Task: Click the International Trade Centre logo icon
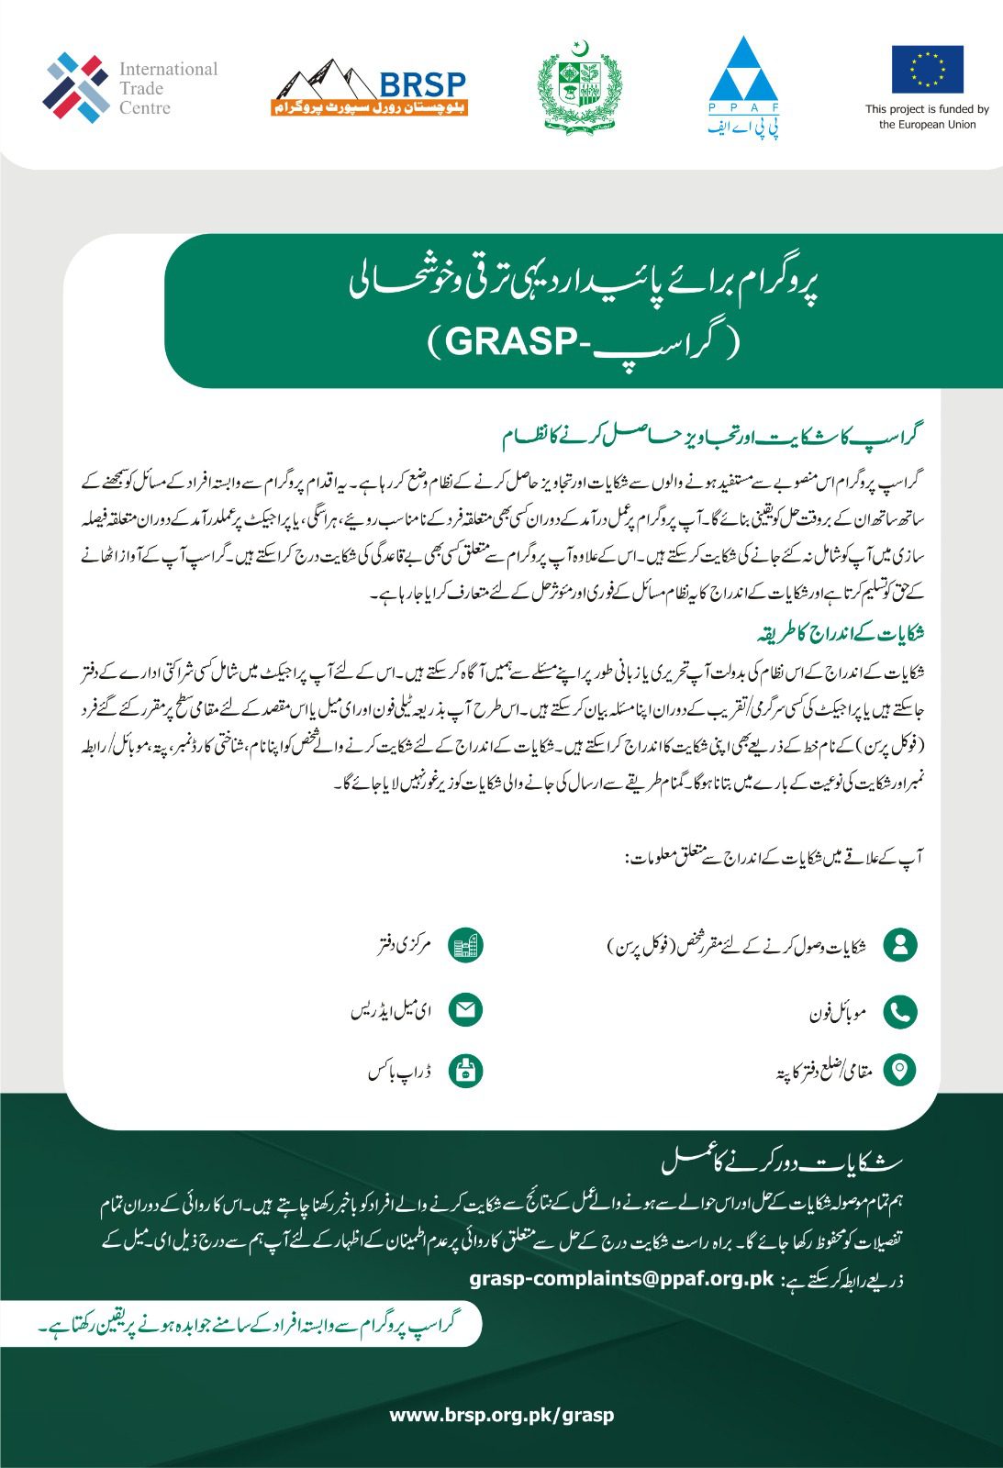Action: [x=75, y=88]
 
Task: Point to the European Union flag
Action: [x=927, y=70]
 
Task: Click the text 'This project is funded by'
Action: [x=927, y=109]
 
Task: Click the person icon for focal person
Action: [x=900, y=945]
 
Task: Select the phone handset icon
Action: [x=900, y=1011]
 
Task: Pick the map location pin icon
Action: [x=900, y=1070]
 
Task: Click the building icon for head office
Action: [x=466, y=945]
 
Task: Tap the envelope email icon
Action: [x=466, y=1010]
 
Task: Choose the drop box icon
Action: [x=466, y=1070]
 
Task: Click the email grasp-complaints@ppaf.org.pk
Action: [x=622, y=1278]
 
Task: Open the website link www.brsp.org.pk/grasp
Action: [x=502, y=1415]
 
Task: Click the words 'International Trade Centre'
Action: [x=168, y=88]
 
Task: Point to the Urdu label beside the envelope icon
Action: [x=391, y=1011]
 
